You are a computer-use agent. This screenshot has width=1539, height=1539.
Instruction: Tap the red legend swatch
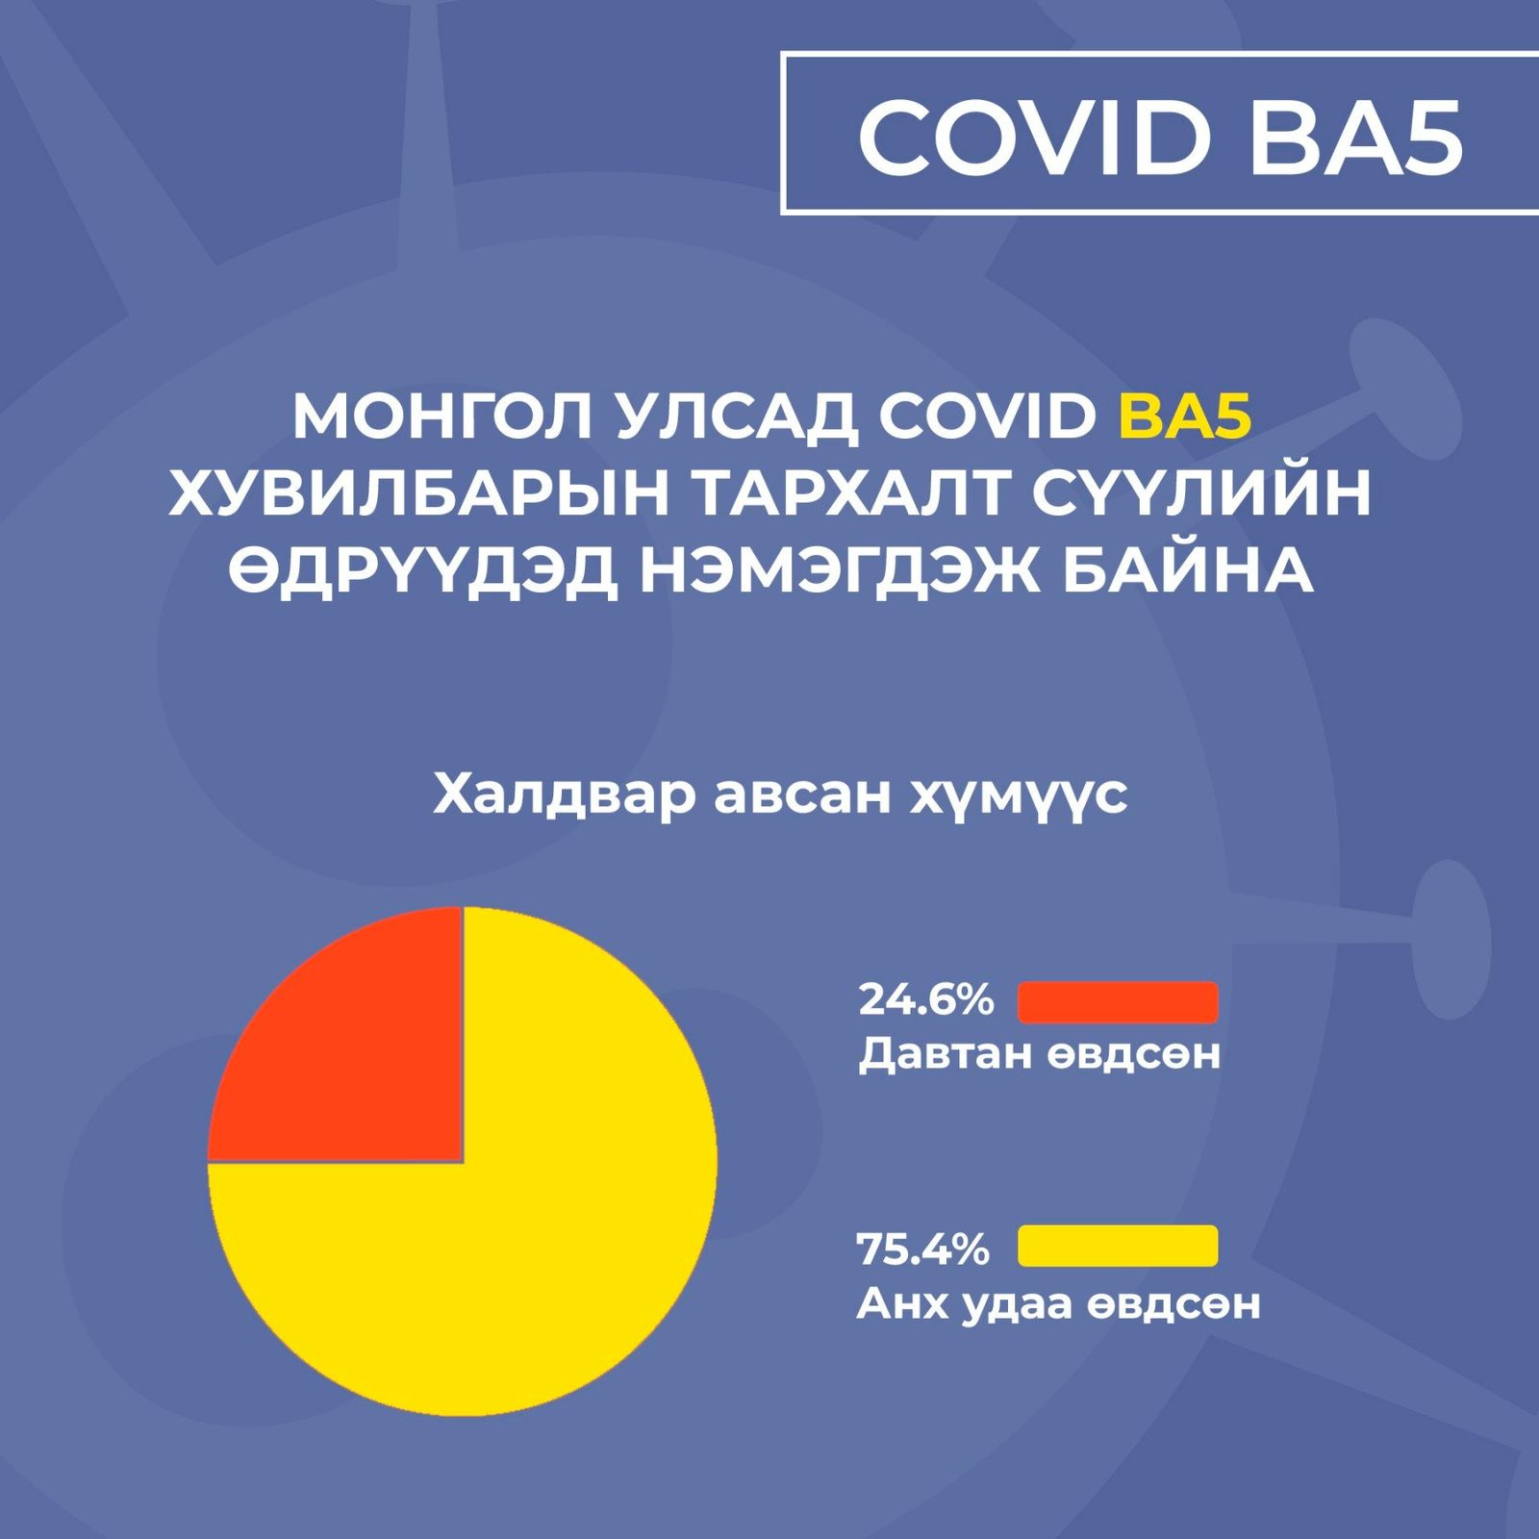1118,1001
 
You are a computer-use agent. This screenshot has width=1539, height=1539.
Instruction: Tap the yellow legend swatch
1118,1246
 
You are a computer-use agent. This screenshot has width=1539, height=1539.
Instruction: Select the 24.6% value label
925,1000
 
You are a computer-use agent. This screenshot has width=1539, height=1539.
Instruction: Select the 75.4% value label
923,1249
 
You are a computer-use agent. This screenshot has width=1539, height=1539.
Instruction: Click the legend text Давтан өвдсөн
1039,1054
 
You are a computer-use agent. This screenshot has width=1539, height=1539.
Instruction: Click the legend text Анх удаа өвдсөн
1058,1303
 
